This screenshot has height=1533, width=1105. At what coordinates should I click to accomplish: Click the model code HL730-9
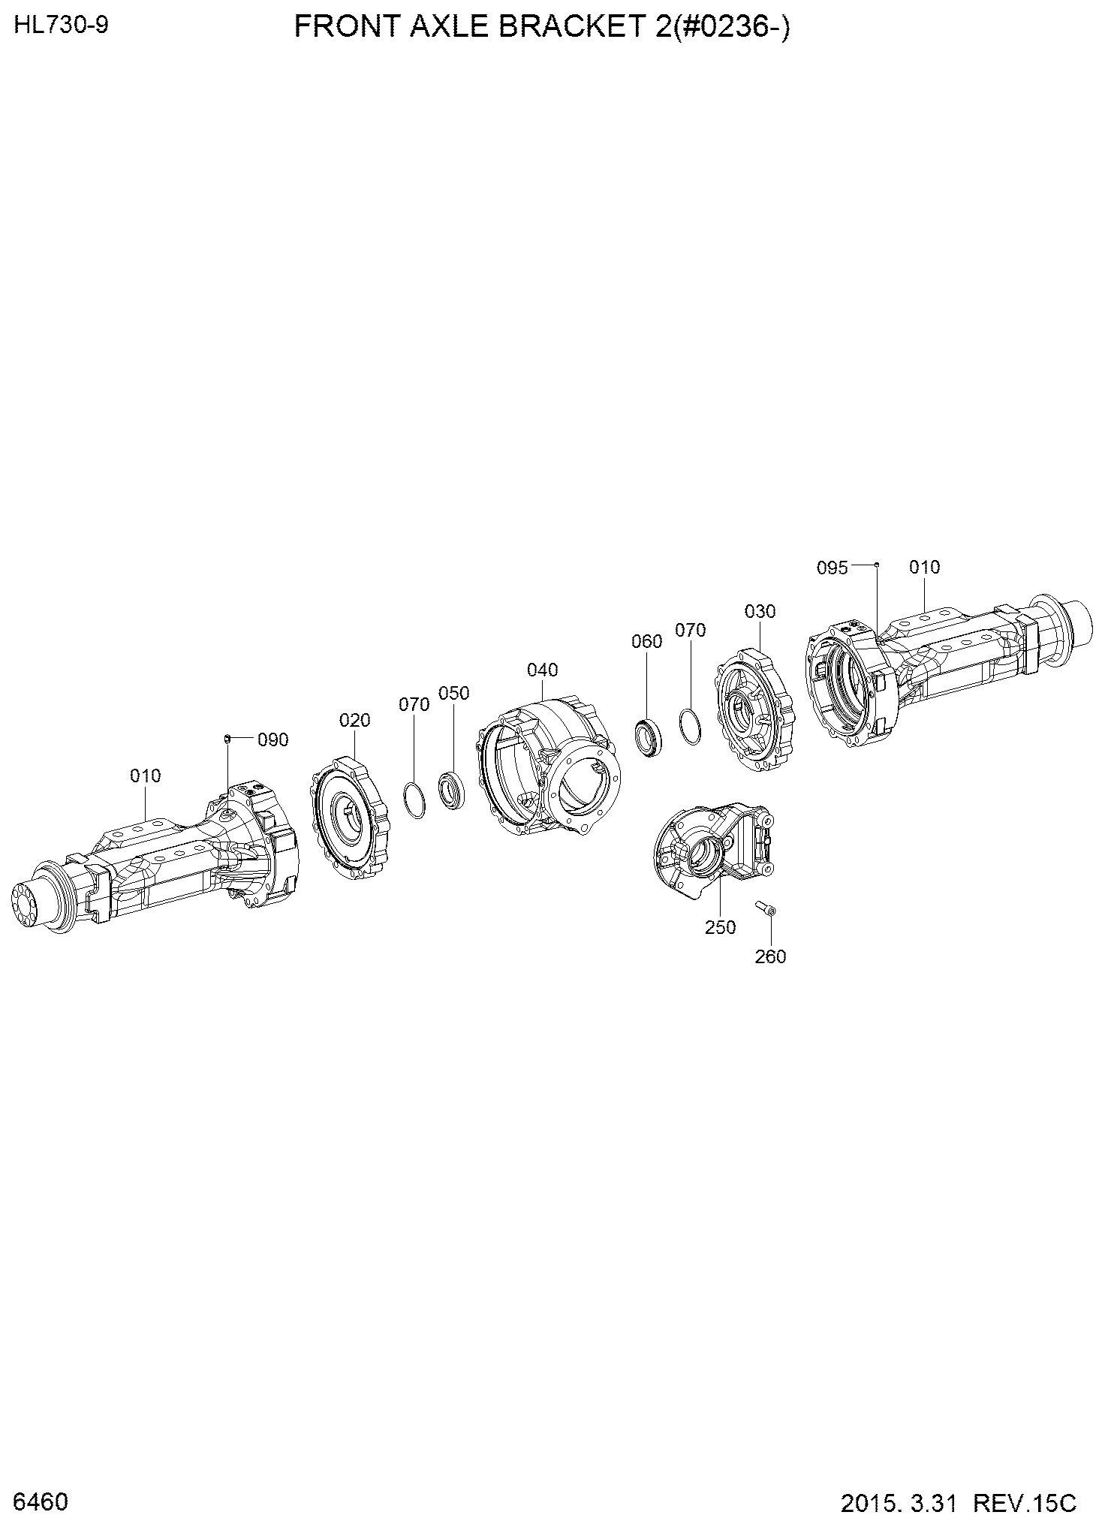tap(62, 26)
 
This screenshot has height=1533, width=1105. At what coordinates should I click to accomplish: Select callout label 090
tap(272, 739)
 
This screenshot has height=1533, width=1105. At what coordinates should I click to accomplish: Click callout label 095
tap(832, 568)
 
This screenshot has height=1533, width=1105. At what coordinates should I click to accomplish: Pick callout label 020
tap(354, 720)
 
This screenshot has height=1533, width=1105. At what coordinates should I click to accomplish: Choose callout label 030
tap(760, 611)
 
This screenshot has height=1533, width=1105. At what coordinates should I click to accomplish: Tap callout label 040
tap(542, 669)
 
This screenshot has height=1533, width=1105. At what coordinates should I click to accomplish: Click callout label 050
tap(453, 692)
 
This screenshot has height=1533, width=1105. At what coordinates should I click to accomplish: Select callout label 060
tap(647, 641)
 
